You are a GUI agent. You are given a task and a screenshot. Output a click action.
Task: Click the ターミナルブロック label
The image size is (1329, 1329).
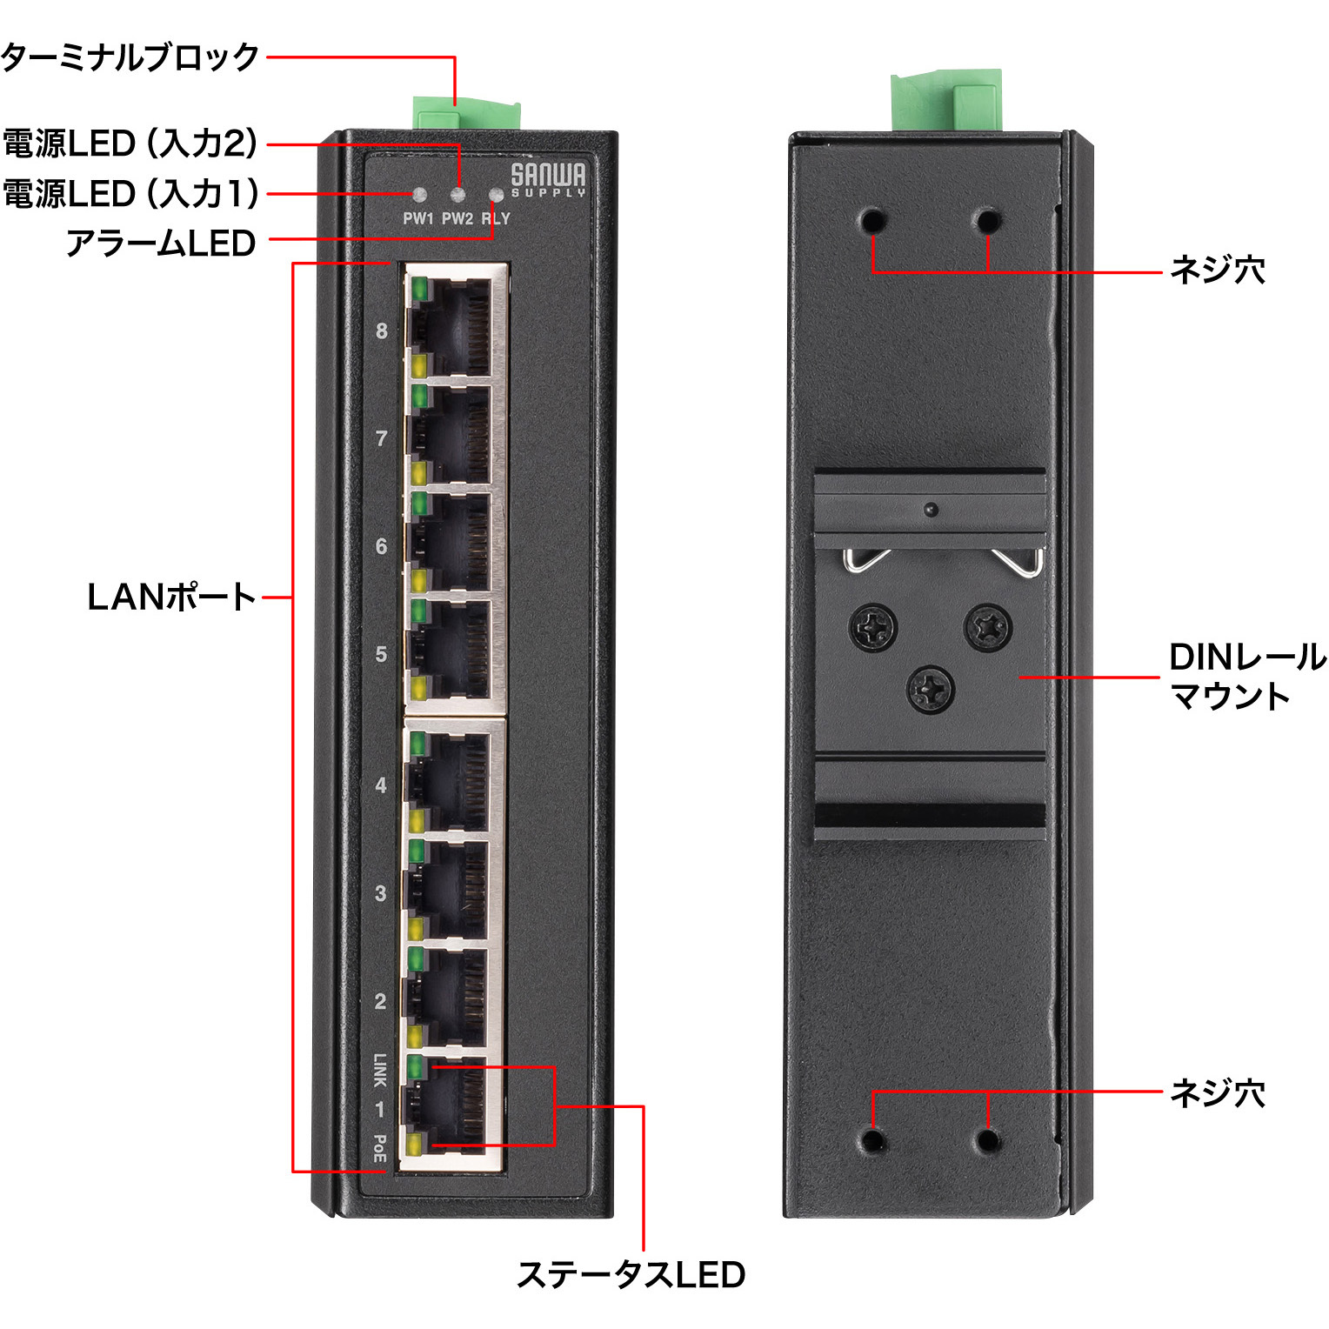click(130, 57)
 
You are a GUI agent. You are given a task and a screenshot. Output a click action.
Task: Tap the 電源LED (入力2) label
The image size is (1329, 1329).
click(130, 144)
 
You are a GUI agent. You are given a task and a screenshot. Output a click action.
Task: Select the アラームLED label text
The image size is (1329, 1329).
click(161, 244)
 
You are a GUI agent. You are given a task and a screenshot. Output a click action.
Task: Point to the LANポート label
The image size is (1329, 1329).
click(171, 598)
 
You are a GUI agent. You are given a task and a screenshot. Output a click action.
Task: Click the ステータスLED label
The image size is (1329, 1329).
click(631, 1275)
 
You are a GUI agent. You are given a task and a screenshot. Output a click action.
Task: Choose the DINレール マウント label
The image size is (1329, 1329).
click(1246, 677)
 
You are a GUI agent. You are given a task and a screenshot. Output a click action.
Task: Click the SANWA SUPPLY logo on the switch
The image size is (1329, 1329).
click(548, 179)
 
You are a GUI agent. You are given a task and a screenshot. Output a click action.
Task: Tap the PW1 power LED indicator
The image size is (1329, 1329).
click(418, 195)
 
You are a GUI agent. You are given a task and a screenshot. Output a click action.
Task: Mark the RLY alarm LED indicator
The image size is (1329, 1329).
click(497, 195)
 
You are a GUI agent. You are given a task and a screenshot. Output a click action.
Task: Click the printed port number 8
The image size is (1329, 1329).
click(381, 331)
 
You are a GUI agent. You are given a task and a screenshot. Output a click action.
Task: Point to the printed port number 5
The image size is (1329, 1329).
click(381, 654)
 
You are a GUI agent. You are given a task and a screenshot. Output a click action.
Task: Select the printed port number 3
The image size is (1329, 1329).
click(380, 893)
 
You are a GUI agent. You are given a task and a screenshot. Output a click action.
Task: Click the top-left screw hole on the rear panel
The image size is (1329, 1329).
click(872, 221)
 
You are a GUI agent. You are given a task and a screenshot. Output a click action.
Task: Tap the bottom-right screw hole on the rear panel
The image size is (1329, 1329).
click(987, 1140)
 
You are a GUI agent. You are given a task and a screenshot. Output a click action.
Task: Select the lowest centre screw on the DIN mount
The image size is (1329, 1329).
click(930, 690)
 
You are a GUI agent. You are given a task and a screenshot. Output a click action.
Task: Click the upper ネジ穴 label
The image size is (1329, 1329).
click(1217, 270)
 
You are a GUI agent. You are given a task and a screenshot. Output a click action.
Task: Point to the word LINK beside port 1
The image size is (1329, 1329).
click(380, 1070)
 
